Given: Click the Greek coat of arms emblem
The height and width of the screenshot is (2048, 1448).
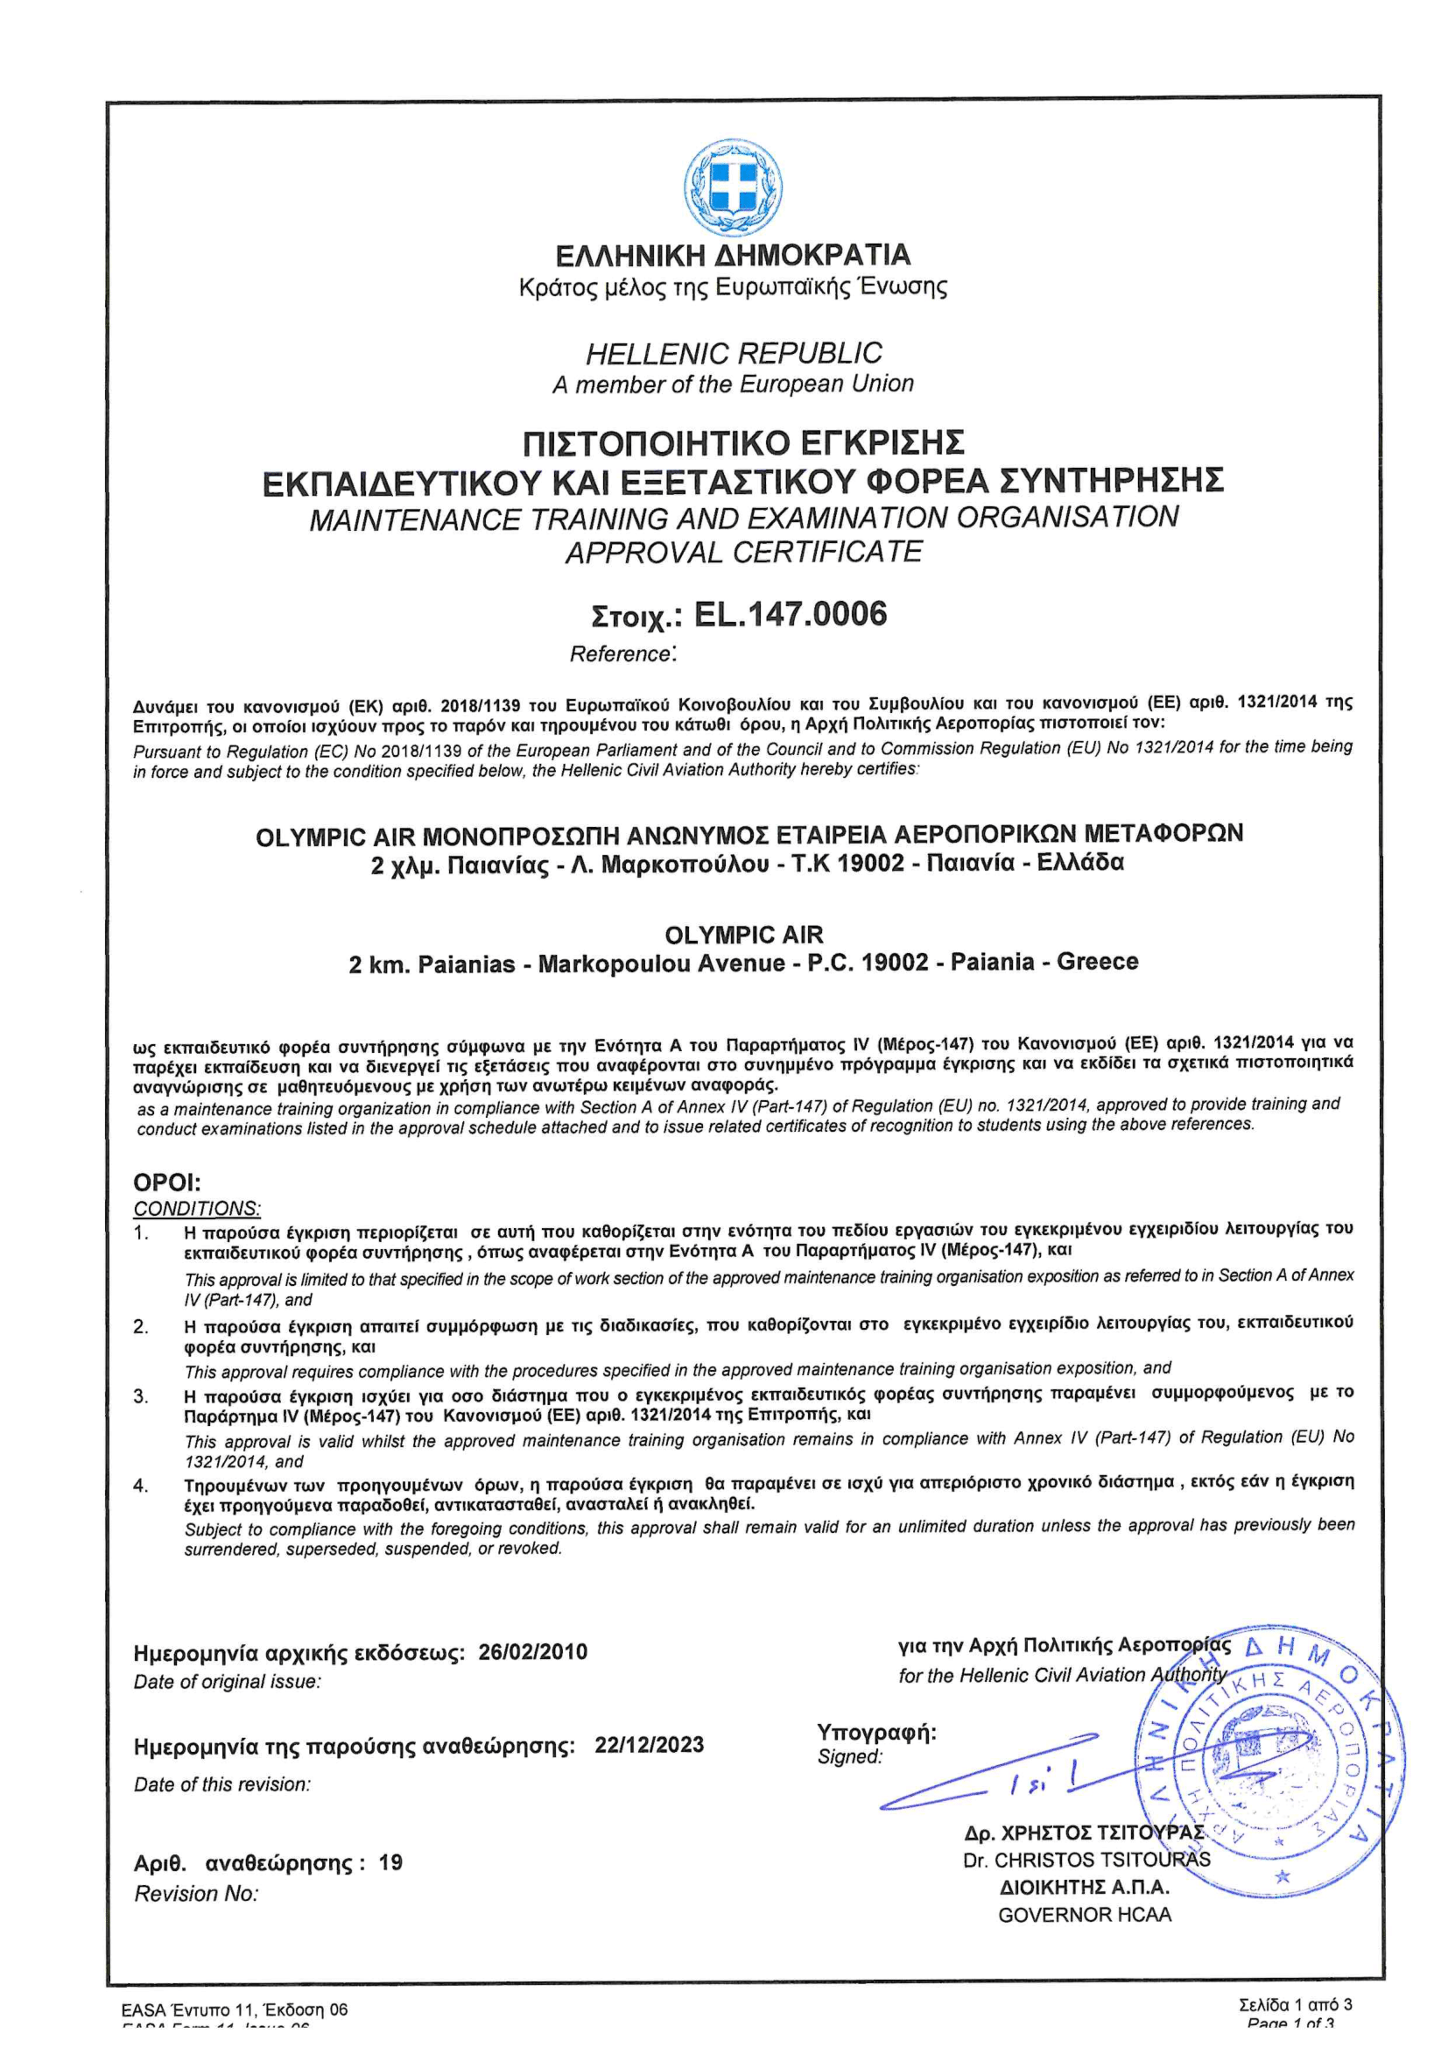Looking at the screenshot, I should pos(733,186).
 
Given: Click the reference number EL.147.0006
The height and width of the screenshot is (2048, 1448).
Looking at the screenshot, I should pos(790,615).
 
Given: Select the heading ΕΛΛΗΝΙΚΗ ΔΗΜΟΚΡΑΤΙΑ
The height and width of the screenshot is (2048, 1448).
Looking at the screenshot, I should pos(733,255).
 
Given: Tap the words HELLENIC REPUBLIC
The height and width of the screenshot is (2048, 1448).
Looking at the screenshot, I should pos(733,353).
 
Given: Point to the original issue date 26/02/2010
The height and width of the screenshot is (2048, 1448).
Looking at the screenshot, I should pos(533,1652).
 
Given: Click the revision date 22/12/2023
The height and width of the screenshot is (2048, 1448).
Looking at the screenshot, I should pos(649,1745).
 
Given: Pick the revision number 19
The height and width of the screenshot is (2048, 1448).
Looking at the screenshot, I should pos(390,1862).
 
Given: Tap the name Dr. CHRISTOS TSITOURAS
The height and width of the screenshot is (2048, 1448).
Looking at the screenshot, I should pos(1086,1861).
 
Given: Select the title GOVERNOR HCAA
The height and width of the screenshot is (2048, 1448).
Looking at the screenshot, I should pos(1084,1915).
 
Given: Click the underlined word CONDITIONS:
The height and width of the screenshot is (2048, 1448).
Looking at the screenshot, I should pos(197,1209).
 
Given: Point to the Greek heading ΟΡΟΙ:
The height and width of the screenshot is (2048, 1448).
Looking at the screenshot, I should pos(166,1183).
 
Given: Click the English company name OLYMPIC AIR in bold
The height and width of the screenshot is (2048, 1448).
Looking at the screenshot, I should pos(743,935).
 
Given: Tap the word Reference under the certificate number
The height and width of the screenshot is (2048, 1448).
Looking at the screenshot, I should pos(621,653).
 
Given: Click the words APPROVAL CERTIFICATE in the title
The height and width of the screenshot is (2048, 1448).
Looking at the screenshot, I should pos(743,552).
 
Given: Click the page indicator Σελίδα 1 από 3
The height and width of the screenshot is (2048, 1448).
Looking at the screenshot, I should pos(1295,2005).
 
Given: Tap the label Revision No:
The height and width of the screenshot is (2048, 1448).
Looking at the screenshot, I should pos(196,1894).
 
